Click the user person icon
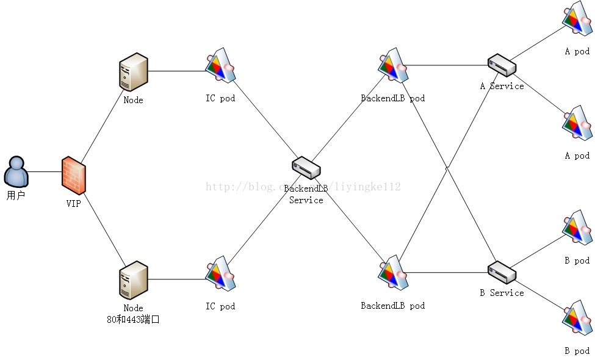(16, 171)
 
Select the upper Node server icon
(134, 72)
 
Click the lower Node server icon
(134, 280)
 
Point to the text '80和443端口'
(133, 319)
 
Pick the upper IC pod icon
(220, 65)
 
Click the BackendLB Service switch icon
(306, 168)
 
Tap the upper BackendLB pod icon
(392, 65)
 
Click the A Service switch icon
(502, 64)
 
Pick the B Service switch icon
(502, 272)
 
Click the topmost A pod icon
(577, 18)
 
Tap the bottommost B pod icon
(577, 318)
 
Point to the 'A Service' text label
(502, 86)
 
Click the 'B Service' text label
(502, 293)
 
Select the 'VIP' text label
(73, 204)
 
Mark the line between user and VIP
(45, 171)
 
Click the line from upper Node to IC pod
(177, 71)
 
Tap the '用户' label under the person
(16, 196)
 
